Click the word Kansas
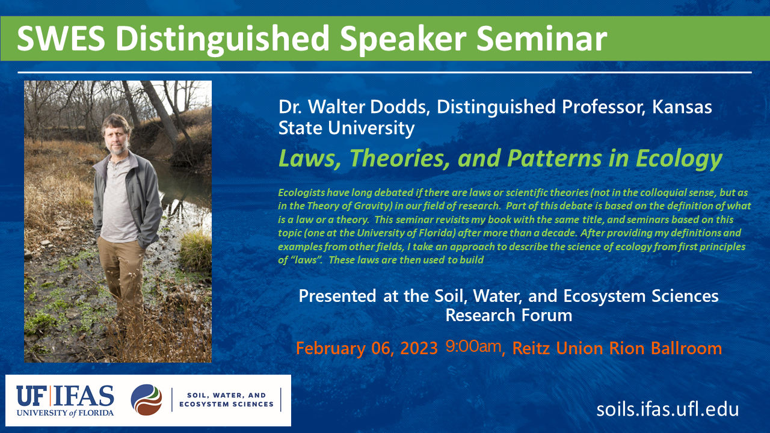[682, 107]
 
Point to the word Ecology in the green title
[679, 159]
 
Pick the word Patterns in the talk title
[555, 158]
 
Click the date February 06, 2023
[366, 348]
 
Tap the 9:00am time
[473, 346]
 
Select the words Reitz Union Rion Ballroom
[617, 348]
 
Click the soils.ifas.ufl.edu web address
[668, 410]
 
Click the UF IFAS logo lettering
[65, 401]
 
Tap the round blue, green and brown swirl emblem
[146, 400]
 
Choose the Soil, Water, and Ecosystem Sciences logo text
[226, 400]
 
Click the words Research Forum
[509, 316]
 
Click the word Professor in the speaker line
[603, 107]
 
